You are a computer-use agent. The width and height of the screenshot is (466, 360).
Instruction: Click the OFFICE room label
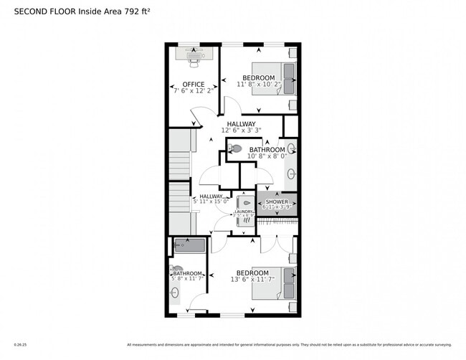pyautogui.click(x=193, y=84)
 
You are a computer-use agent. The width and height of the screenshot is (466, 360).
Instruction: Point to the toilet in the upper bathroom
pyautogui.click(x=236, y=148)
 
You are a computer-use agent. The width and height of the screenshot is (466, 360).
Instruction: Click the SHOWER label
pyautogui.click(x=277, y=202)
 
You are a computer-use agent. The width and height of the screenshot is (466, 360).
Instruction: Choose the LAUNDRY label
pyautogui.click(x=244, y=212)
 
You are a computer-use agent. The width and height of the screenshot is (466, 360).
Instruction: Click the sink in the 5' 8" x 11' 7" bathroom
pyautogui.click(x=176, y=293)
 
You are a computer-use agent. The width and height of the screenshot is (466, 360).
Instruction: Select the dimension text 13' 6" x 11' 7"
pyautogui.click(x=252, y=280)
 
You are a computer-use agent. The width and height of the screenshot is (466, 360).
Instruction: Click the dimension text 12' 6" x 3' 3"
pyautogui.click(x=241, y=130)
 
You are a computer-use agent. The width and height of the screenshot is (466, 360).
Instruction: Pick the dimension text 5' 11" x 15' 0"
pyautogui.click(x=211, y=202)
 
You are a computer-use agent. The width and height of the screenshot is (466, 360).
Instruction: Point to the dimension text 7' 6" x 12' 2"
pyautogui.click(x=193, y=91)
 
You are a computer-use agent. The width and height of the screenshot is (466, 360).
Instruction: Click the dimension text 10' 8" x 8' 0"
pyautogui.click(x=267, y=156)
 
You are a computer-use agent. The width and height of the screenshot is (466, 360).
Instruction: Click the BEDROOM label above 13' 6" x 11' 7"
pyautogui.click(x=252, y=273)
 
